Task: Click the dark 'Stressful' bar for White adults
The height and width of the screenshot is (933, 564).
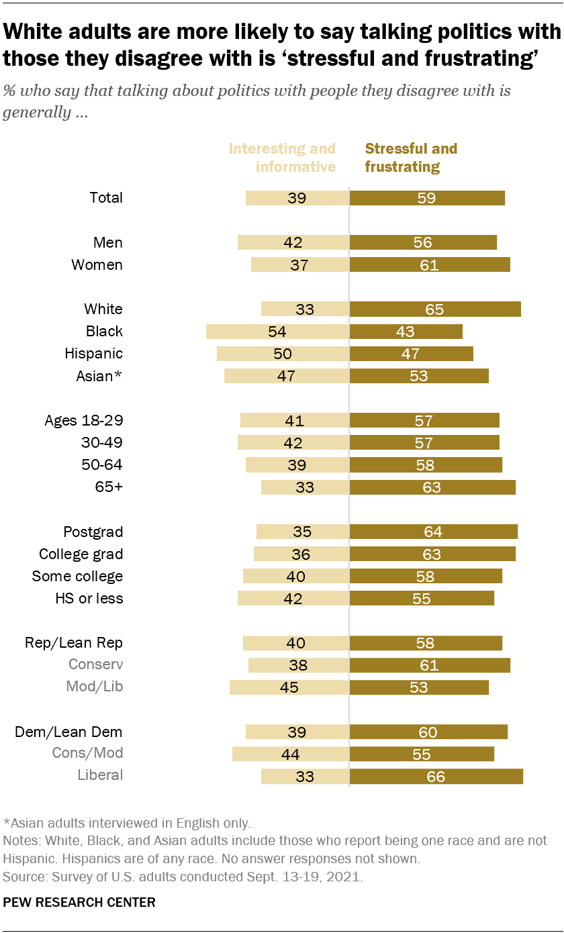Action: click(435, 309)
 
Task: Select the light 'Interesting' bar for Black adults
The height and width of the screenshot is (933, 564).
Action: click(277, 331)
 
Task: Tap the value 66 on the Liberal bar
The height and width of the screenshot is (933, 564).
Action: click(436, 777)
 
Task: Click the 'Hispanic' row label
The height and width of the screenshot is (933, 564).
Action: click(93, 353)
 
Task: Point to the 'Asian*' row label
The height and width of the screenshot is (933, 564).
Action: click(99, 376)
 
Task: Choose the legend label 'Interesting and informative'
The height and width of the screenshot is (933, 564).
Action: click(282, 157)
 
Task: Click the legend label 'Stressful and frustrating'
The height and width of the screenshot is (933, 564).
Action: click(410, 157)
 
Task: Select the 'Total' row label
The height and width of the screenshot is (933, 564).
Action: click(106, 197)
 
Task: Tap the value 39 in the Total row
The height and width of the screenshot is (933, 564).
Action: click(297, 198)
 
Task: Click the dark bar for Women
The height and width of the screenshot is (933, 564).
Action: click(430, 264)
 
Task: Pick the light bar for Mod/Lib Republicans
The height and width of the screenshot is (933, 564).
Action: click(289, 687)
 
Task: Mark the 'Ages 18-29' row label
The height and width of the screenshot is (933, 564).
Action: click(84, 421)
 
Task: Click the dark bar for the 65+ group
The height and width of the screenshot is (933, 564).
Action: click(432, 487)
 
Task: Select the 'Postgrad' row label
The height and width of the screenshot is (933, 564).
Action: click(93, 532)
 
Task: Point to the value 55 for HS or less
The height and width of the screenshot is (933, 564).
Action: click(421, 599)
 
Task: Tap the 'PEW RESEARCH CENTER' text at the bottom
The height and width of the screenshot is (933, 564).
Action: click(79, 902)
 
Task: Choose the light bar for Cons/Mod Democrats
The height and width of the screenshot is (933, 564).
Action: click(290, 754)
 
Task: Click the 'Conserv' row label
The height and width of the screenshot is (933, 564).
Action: click(96, 665)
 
